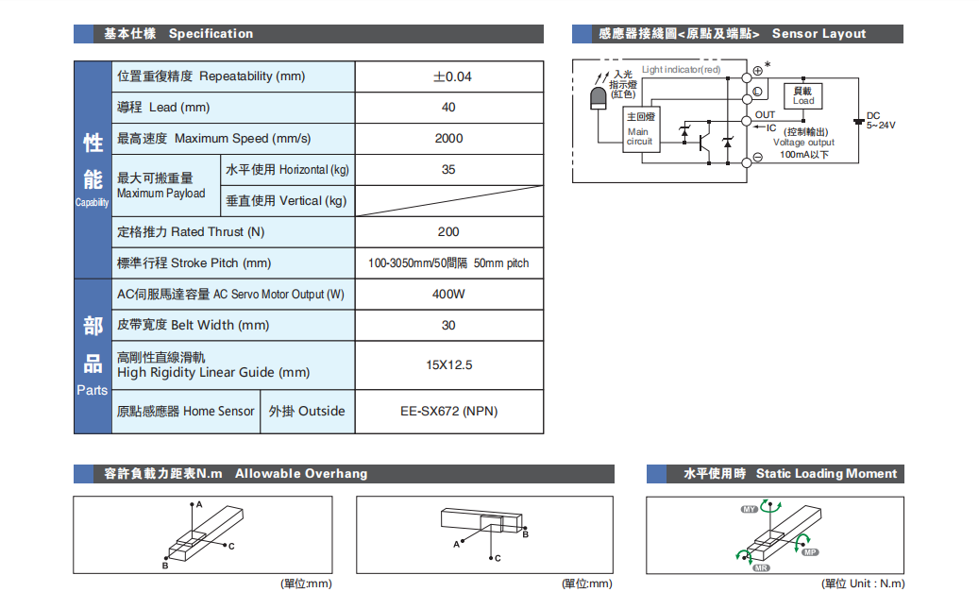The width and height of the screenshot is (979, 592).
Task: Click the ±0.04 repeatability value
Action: pos(448,76)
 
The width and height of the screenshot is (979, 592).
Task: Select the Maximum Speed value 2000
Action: pos(448,139)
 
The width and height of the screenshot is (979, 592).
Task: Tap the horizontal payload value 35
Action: pos(448,170)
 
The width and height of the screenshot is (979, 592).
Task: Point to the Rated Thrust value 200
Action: pos(448,232)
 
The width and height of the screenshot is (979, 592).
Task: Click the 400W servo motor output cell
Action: pos(448,295)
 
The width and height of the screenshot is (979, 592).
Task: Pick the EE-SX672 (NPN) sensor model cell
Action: pos(448,412)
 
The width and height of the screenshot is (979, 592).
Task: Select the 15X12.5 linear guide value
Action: pos(448,364)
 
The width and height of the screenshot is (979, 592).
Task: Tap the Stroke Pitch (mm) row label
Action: pos(194,263)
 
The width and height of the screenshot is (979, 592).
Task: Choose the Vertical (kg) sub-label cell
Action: pos(287,201)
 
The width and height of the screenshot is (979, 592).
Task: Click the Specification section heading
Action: pos(211,34)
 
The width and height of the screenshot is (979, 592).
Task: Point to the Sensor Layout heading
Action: pos(818,34)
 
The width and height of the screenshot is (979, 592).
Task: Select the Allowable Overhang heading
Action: pos(301,474)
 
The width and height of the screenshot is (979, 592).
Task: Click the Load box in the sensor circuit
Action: pos(803,96)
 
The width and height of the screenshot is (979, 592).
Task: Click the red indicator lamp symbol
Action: pos(598,98)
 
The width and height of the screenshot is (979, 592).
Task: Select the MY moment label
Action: pos(750,510)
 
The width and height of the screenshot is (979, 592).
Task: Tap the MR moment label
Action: pos(761,567)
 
